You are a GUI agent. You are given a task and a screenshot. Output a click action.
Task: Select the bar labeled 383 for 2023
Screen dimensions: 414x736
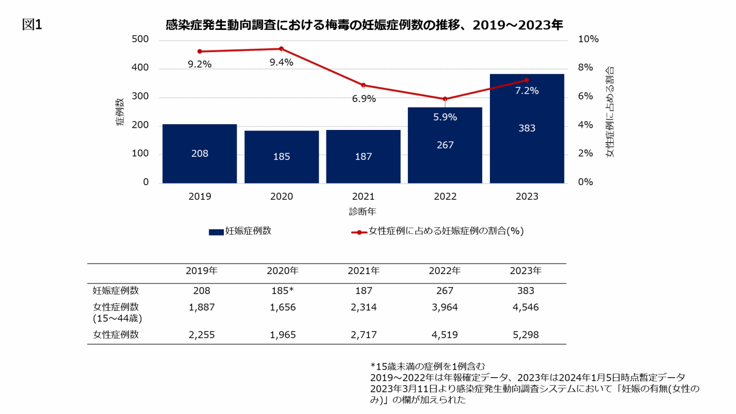click(527, 129)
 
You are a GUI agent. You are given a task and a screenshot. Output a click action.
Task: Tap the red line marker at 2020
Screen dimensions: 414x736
click(281, 49)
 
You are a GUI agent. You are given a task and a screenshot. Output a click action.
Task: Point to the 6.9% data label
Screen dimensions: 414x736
click(364, 99)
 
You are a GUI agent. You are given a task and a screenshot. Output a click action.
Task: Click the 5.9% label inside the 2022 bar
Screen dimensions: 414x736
click(445, 117)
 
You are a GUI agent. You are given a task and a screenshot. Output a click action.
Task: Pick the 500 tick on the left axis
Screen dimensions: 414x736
click(140, 40)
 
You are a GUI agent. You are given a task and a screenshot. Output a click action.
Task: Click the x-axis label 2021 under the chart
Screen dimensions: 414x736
click(363, 197)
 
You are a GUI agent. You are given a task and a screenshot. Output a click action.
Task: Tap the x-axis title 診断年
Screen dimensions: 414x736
click(363, 211)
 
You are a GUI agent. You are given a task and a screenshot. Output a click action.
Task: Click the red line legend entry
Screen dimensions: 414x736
click(437, 231)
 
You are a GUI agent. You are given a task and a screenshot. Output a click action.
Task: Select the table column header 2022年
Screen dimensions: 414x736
click(445, 271)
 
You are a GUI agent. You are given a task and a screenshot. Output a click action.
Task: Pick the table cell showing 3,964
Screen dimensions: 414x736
click(445, 307)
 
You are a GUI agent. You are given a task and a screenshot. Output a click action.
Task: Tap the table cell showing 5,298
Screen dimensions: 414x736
click(526, 335)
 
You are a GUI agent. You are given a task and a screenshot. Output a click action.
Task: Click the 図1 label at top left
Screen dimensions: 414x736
click(32, 25)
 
